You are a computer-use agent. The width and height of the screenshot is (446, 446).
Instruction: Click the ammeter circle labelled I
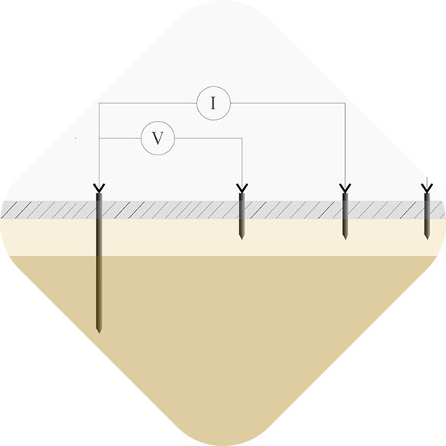coord(213,103)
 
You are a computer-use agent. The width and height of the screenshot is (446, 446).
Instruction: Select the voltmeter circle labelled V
coord(158,138)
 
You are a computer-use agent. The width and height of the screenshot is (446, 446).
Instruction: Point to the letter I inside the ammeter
coord(213,104)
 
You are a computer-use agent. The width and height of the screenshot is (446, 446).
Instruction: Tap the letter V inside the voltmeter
coord(158,139)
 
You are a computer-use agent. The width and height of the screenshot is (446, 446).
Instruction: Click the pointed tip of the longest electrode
coord(99,331)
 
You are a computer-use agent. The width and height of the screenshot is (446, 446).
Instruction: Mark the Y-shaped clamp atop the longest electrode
coord(99,188)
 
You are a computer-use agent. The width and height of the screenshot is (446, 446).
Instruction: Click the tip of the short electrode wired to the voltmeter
coord(242,238)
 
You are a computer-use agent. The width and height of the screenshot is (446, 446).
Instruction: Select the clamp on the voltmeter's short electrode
coord(242,188)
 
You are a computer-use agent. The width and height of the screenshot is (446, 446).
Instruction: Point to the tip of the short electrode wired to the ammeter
coord(345,238)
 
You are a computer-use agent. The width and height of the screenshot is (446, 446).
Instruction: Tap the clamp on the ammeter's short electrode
coord(345,188)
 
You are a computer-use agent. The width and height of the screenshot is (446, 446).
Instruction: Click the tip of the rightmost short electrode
coord(427,238)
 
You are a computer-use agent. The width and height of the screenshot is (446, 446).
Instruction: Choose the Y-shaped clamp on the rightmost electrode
coord(427,188)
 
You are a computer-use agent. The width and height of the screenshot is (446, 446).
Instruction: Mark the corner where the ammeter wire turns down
coord(345,103)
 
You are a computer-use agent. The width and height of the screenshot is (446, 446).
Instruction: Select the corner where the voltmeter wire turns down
coord(242,138)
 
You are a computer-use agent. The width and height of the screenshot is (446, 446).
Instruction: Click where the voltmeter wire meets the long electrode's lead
coord(99,138)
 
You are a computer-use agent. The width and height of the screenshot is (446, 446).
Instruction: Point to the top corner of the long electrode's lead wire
coord(99,103)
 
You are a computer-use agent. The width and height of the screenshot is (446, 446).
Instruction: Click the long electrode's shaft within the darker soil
coord(99,291)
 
